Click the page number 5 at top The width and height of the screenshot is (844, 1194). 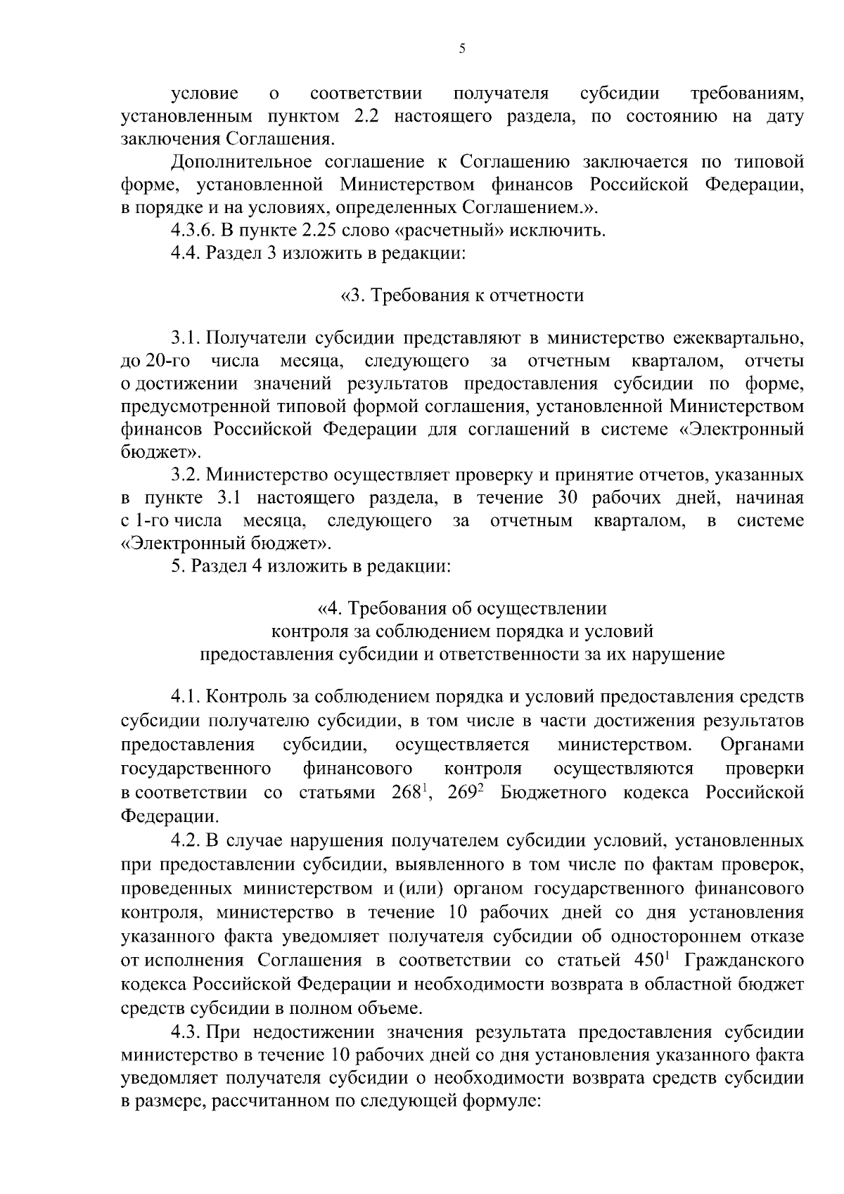tap(461, 49)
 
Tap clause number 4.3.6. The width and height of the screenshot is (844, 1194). tap(194, 230)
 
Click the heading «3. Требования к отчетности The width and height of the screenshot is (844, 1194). tap(462, 295)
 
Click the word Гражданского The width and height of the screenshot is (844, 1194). tap(743, 961)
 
